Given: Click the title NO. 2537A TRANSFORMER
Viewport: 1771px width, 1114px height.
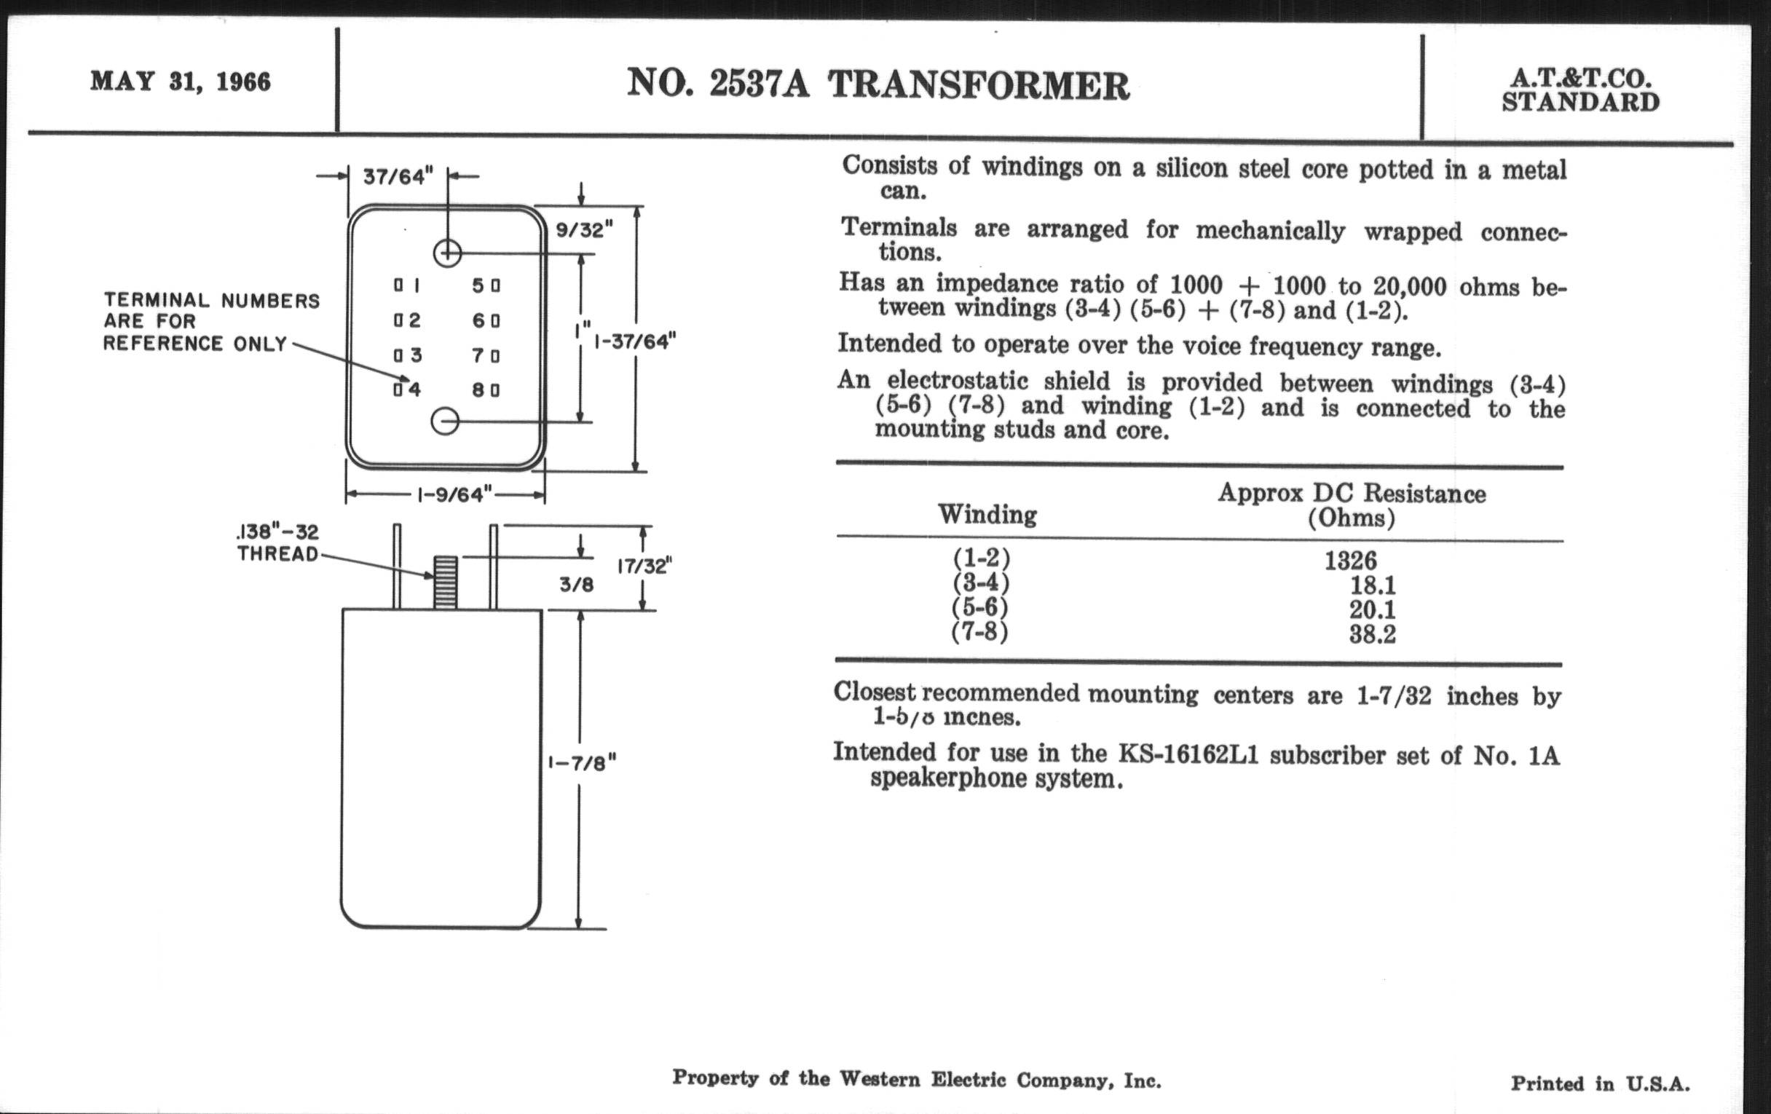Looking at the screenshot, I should click(877, 85).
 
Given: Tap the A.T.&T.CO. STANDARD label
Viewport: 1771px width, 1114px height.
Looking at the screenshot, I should click(1579, 90).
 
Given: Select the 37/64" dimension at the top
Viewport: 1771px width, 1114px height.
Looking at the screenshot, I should click(398, 177).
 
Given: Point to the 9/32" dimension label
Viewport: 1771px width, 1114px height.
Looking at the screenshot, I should click(584, 230).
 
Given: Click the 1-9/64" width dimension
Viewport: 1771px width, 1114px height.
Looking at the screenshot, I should click(454, 495).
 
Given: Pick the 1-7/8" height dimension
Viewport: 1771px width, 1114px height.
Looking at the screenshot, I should click(582, 763).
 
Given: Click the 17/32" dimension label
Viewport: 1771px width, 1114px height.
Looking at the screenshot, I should click(645, 566).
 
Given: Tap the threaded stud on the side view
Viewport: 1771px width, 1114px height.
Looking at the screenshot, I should click(444, 582).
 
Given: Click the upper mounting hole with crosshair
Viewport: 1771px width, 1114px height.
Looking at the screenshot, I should click(447, 253).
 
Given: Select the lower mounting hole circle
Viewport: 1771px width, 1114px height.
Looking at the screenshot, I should click(445, 422).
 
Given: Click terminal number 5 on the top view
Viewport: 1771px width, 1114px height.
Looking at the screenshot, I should click(478, 285).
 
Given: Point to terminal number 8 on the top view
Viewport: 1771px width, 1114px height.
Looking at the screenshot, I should click(478, 390).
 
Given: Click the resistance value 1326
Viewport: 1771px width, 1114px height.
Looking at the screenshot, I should click(1350, 561).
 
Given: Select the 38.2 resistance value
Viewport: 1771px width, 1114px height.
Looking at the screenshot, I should click(1372, 634).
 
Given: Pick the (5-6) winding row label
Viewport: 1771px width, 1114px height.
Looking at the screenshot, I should click(979, 608).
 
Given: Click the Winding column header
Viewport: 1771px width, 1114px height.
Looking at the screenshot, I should click(987, 514).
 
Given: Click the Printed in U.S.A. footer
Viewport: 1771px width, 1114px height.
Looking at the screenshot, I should click(1601, 1083).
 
